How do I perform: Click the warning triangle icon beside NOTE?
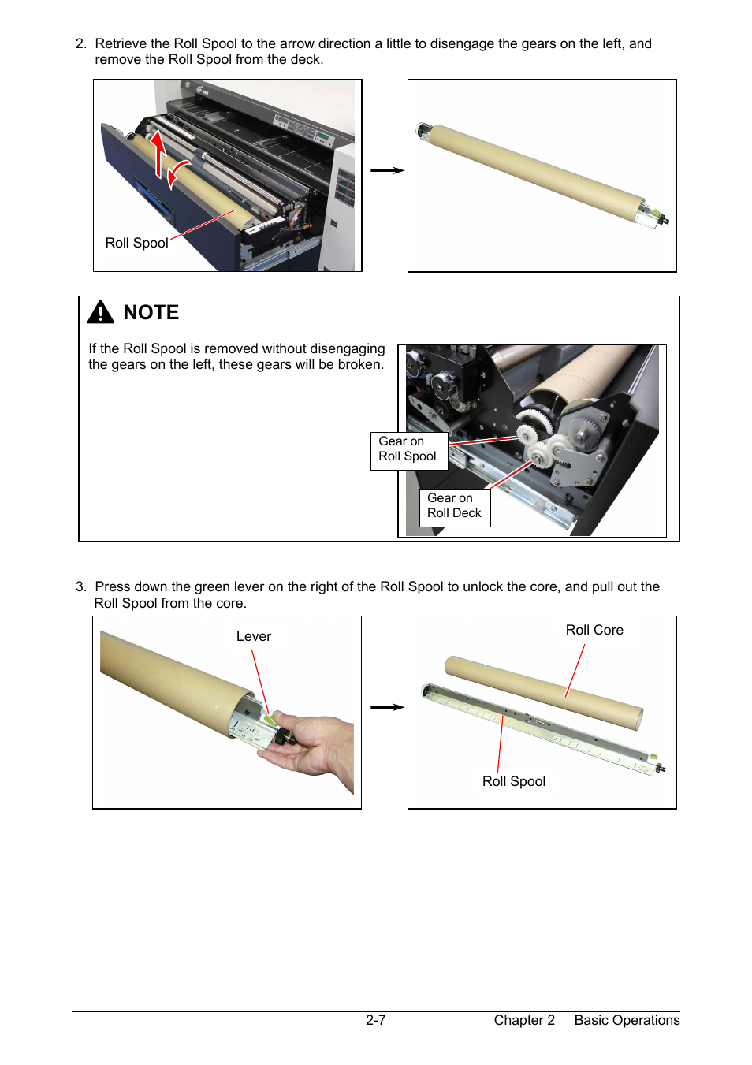click(100, 312)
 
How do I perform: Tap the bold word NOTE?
click(151, 312)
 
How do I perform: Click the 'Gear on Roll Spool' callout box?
click(409, 451)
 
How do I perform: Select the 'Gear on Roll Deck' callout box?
click(455, 508)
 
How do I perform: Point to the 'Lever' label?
click(254, 636)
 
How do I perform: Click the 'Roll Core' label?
click(594, 630)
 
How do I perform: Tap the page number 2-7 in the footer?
click(375, 1020)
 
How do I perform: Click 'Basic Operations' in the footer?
click(627, 1020)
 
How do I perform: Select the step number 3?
click(81, 586)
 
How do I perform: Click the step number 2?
click(81, 43)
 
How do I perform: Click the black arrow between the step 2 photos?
click(387, 170)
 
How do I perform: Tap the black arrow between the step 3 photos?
click(387, 707)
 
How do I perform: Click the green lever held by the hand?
click(270, 720)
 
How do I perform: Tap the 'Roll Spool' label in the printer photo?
click(137, 243)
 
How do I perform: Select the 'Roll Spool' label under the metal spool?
click(514, 781)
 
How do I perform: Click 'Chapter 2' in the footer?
click(524, 1020)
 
